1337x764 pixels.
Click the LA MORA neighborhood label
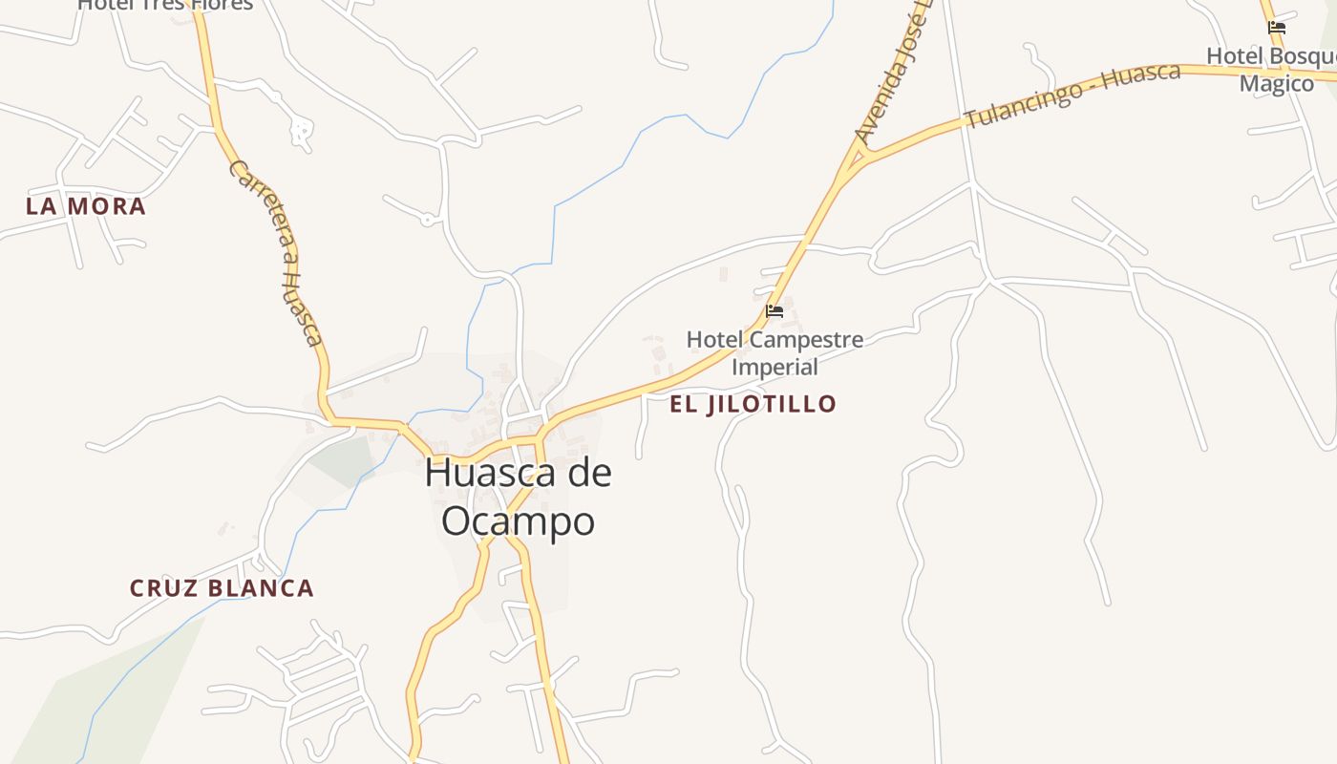click(86, 206)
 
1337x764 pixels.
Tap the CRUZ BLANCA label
click(222, 588)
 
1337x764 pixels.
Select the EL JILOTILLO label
click(753, 404)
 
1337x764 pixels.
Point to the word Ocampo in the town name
click(519, 521)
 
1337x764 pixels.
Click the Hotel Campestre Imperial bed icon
click(775, 311)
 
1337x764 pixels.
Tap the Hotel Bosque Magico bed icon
click(1276, 28)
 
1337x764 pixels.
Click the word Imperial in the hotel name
click(775, 367)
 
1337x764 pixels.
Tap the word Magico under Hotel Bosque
click(1277, 84)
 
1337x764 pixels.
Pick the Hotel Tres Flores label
click(165, 5)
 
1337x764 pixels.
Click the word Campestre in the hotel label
click(800, 340)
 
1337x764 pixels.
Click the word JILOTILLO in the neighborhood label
click(772, 404)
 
